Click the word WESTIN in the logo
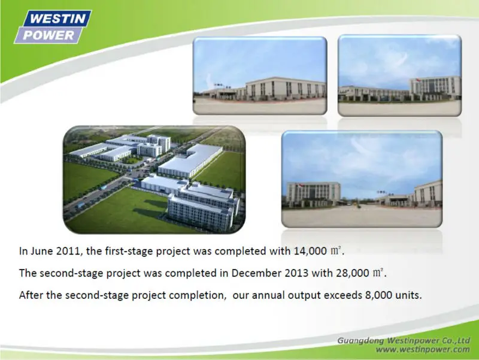[x=57, y=19]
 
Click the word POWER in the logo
[x=48, y=35]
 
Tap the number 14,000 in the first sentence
[x=310, y=251]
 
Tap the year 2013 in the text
[x=296, y=273]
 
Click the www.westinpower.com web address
[x=423, y=349]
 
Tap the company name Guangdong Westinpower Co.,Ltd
[x=404, y=340]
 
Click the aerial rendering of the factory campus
[x=154, y=180]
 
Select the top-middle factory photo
[x=260, y=76]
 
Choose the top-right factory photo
[x=399, y=75]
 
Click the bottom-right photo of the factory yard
[x=362, y=179]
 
